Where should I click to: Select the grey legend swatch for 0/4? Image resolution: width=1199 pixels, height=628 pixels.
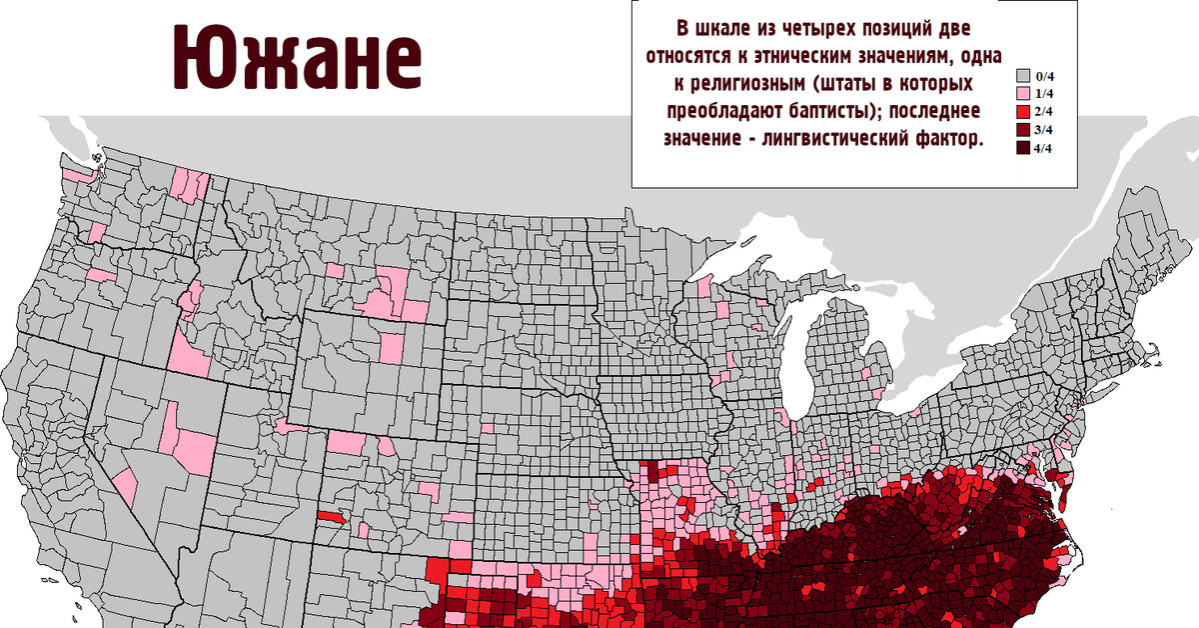[x=1022, y=76]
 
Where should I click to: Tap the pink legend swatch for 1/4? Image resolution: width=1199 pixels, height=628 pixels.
[x=1022, y=94]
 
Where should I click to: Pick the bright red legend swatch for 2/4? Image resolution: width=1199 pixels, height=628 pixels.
[x=1022, y=112]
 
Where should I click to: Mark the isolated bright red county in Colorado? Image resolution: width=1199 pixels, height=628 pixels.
[x=331, y=519]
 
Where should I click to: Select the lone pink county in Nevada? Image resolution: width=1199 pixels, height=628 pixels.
[x=125, y=486]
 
